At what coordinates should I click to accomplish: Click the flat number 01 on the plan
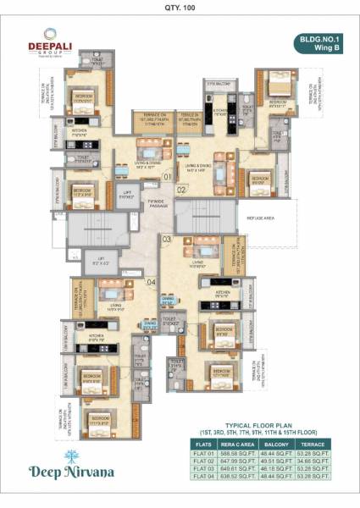(x=168, y=177)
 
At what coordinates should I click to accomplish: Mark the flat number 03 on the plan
(x=167, y=240)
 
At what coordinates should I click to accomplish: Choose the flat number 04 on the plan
(x=150, y=282)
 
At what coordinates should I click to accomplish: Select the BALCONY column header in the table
(x=276, y=443)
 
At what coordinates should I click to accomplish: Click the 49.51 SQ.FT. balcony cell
(x=276, y=461)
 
